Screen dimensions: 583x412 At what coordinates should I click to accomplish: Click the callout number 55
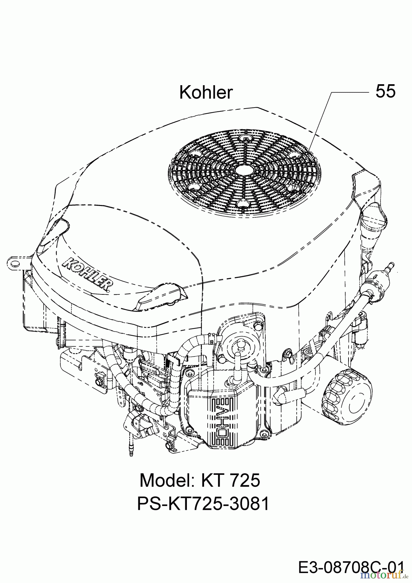point(385,91)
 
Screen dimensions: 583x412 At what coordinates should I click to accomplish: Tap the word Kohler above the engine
point(206,93)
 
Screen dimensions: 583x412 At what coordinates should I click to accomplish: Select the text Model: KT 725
point(200,480)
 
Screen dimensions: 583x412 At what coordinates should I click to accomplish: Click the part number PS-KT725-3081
point(203,504)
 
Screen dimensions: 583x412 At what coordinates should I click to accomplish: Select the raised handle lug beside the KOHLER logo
point(162,294)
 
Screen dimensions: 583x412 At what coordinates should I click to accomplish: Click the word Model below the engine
point(165,480)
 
